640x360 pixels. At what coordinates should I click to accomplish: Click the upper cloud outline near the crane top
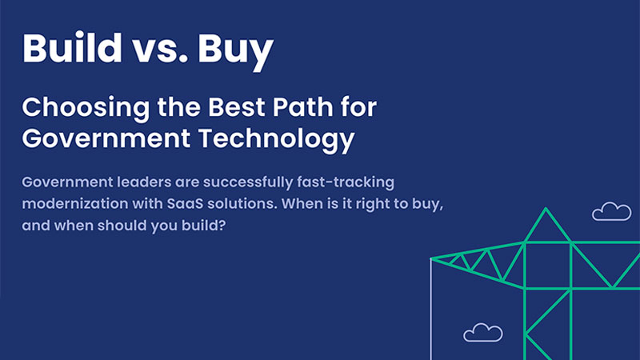click(611, 212)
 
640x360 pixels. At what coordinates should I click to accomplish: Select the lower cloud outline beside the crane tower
click(482, 332)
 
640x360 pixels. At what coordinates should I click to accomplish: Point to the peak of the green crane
click(546, 210)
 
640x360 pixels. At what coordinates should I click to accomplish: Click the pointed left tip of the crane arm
click(433, 258)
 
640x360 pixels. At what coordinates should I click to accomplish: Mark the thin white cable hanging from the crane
click(432, 312)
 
